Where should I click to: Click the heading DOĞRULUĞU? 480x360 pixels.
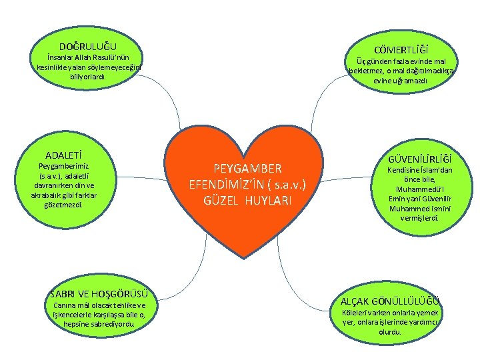[x=87, y=46]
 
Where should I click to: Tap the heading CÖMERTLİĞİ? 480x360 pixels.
[x=401, y=50]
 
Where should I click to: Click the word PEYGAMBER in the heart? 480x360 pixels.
[x=247, y=168]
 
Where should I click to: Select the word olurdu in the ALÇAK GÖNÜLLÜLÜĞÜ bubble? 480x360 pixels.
[x=390, y=331]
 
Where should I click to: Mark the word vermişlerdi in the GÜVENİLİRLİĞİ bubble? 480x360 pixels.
[x=420, y=217]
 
